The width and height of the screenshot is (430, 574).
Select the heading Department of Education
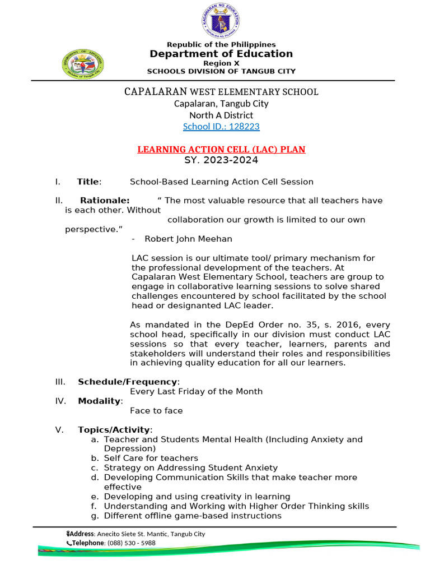point(221,54)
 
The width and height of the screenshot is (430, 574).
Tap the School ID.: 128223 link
point(221,127)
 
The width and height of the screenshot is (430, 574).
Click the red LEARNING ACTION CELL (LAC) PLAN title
point(222,150)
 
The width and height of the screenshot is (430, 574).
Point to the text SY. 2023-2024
point(221,160)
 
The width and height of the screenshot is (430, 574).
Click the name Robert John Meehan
point(188,239)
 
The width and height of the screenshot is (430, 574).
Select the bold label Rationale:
point(105,201)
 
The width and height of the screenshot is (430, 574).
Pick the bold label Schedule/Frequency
point(128,382)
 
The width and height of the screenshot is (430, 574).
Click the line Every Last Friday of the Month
point(196,391)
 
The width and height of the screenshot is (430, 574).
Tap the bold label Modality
point(99,401)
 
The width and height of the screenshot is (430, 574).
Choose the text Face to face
point(156,411)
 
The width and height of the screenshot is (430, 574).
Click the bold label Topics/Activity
point(114,430)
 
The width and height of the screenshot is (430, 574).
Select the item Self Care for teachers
point(151,459)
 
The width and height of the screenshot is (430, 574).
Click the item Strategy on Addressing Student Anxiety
point(190,468)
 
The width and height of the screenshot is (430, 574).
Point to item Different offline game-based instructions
point(193,516)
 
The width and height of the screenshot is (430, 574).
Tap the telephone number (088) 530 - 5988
point(132,543)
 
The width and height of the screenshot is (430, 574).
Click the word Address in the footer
point(81,534)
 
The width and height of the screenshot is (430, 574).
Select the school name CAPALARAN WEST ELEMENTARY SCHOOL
point(221,91)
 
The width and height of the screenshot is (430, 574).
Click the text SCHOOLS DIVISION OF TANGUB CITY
point(221,71)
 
